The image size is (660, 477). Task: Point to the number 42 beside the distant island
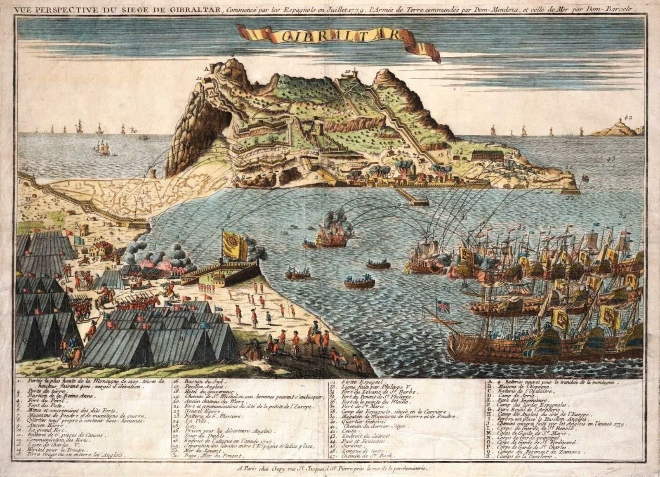[628, 117]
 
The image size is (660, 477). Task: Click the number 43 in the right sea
[611, 158]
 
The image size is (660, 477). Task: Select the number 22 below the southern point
[570, 198]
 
